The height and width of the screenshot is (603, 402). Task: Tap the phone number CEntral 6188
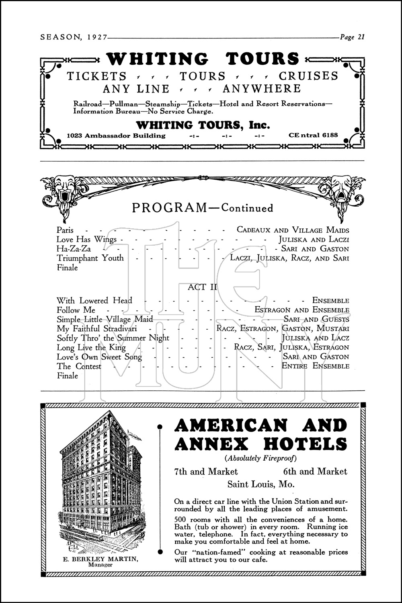313,135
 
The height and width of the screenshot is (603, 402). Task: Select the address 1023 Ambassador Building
116,135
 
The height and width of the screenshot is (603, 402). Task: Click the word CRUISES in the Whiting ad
309,76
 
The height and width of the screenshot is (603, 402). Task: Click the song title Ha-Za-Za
74,249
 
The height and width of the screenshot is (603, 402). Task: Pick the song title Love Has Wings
86,240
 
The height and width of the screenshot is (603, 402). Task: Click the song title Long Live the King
91,347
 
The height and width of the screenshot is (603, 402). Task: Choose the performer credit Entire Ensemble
315,366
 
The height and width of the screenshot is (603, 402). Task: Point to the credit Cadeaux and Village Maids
293,230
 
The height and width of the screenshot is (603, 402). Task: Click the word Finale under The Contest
67,376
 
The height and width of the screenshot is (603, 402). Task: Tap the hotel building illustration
100,482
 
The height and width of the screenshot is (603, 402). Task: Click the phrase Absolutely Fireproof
260,458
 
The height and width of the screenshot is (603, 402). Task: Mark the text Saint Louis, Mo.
261,484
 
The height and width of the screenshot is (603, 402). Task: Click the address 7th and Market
206,472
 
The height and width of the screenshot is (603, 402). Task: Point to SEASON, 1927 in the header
74,37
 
